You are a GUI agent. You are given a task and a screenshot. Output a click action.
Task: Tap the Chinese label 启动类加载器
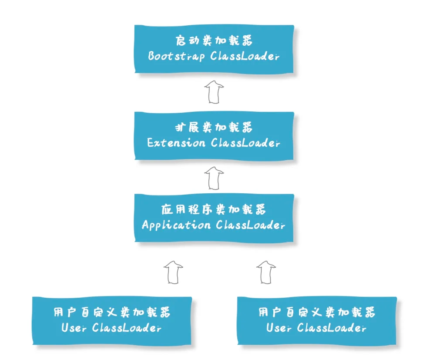pos(214,42)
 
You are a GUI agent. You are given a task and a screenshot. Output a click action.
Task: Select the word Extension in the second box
pos(176,143)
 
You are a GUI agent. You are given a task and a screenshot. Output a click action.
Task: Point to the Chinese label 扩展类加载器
pos(214,128)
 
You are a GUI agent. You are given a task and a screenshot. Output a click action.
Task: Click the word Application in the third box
pos(176,225)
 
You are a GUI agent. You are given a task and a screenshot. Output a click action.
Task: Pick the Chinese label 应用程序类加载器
pos(214,210)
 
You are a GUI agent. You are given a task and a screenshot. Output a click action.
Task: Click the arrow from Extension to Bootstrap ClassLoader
pos(214,91)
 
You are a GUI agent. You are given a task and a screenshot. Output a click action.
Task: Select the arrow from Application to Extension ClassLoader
pos(214,178)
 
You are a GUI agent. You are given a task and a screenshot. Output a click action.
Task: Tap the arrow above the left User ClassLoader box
pos(173,272)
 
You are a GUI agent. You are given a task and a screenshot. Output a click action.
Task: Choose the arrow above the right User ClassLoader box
pos(266,272)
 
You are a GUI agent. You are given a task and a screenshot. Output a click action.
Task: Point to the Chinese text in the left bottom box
pos(112,313)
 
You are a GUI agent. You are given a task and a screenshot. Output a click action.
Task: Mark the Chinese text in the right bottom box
pos(317,313)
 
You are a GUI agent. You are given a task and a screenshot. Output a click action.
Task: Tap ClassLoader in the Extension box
pos(245,143)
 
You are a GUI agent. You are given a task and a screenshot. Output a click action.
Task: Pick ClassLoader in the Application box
pos(250,225)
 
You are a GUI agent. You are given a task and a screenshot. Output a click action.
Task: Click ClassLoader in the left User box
pos(127,328)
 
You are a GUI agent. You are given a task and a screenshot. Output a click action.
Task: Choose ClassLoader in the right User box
pos(332,328)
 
